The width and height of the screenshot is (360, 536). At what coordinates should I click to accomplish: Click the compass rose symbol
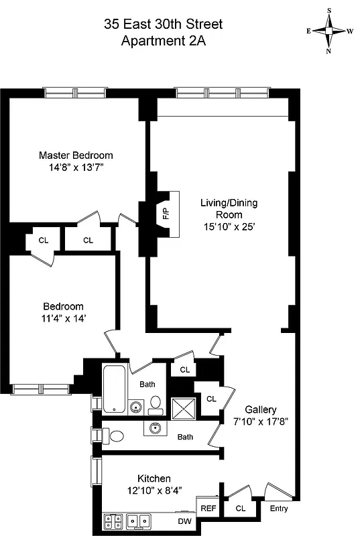point(329,30)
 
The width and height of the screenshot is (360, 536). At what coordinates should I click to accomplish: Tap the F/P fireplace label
point(166,214)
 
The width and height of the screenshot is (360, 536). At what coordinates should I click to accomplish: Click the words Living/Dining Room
point(229,208)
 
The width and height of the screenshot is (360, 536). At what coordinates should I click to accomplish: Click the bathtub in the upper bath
point(113,389)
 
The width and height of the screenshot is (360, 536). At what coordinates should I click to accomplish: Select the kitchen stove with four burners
point(113,519)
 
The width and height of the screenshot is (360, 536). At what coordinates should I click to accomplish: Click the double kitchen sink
point(139,519)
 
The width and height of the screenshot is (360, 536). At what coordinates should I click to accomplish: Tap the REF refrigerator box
point(208,509)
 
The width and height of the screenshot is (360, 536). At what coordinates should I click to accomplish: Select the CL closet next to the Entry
point(240,509)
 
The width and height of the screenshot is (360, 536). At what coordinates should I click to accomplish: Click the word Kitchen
point(154,478)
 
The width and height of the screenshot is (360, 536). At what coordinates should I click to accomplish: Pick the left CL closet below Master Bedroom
point(43,240)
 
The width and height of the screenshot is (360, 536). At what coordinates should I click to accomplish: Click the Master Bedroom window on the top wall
point(74,92)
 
